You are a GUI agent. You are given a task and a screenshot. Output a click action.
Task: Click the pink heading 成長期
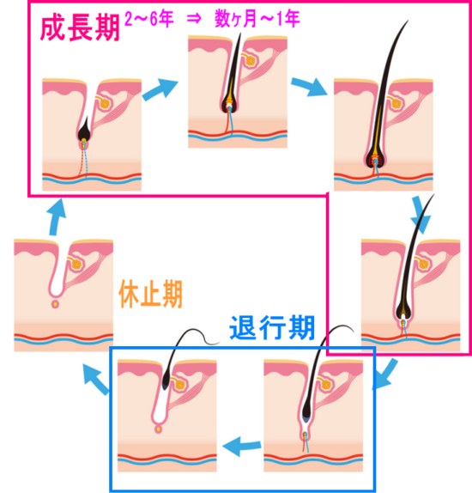pos(80,28)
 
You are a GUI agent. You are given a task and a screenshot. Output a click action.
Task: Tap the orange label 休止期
pos(150,295)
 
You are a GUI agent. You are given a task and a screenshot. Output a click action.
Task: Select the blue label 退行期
pos(272,328)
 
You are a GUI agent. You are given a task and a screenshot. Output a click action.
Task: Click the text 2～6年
pos(149,19)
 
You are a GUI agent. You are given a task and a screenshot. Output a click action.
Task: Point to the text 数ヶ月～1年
pos(257,19)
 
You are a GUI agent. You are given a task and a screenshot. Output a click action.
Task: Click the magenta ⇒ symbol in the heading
pos(194,19)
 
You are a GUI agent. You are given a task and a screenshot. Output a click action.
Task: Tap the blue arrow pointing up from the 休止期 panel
pos(57,217)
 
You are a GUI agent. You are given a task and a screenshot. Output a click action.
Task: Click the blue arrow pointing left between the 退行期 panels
pos(242,446)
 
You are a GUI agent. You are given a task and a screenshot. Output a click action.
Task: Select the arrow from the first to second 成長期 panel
pos(160,88)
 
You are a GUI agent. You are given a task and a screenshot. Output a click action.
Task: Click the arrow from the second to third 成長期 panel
pos(309,86)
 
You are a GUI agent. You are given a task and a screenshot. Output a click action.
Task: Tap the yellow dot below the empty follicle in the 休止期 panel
pos(55,304)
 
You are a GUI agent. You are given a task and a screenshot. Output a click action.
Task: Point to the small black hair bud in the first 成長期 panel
pos(84,130)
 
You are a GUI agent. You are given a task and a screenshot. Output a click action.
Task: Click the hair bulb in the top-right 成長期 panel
pos(376,159)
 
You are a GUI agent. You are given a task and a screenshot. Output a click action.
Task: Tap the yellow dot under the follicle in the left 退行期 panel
pos(159,429)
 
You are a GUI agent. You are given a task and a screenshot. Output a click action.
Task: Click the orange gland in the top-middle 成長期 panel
pos(251,61)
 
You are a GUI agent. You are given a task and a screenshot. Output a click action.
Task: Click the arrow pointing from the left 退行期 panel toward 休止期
pos(96,380)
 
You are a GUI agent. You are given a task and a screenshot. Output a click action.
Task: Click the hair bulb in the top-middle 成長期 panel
pos(230,105)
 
